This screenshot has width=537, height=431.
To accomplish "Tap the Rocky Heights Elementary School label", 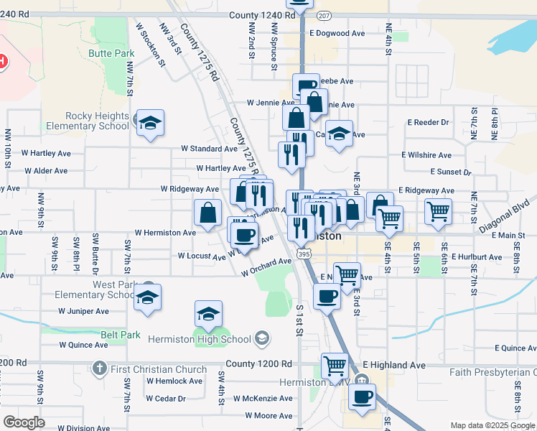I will tap(95, 121).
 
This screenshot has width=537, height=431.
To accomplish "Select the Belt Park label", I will tap(120, 335).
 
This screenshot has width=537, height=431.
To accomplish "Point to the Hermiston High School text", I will tap(200, 339).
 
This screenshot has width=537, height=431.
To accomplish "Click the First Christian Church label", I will tap(158, 369).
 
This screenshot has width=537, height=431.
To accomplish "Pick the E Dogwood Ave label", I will tap(337, 33).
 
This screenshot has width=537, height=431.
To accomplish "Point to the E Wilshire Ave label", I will tap(426, 155).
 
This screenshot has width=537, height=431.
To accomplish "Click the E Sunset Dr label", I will tap(451, 172).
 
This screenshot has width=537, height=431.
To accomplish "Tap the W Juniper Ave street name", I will tap(83, 311).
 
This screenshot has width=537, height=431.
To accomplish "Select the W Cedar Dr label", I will tap(166, 398).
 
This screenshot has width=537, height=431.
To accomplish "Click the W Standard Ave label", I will tap(208, 149).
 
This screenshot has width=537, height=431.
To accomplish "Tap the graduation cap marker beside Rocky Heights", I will tap(150, 124).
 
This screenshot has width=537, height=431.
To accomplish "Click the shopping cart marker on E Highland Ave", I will tap(335, 366).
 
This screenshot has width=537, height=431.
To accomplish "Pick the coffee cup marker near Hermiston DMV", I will tap(362, 397).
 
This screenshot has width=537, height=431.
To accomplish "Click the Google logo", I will tap(24, 422).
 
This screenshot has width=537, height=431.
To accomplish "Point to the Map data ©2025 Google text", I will tap(492, 425).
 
